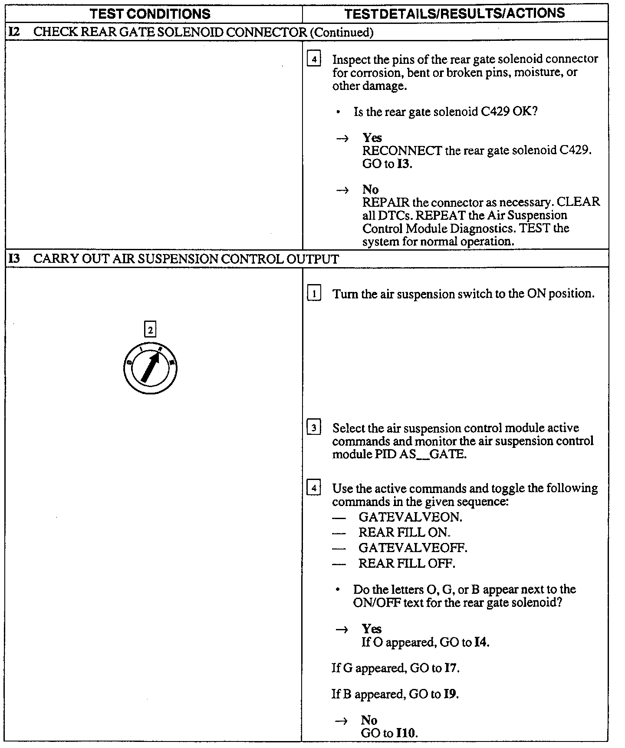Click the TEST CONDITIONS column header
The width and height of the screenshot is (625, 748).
(x=150, y=14)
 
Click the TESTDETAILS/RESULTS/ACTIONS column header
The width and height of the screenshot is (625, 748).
(x=454, y=13)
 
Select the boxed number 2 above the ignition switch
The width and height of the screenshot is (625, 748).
(x=150, y=330)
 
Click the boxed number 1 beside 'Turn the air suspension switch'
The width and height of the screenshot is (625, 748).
(x=314, y=294)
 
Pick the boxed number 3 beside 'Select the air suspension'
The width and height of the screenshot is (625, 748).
(x=314, y=428)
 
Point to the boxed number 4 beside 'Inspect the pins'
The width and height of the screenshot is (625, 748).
(x=314, y=59)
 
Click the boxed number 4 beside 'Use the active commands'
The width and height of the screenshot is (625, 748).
(x=314, y=488)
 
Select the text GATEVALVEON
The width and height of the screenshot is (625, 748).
(x=410, y=517)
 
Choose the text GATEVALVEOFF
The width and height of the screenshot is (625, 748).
(x=413, y=548)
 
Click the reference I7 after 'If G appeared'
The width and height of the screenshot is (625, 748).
(x=451, y=668)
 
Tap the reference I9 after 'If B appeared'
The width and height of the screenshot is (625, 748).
(x=451, y=694)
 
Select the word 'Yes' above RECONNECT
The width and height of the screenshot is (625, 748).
(x=372, y=138)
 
